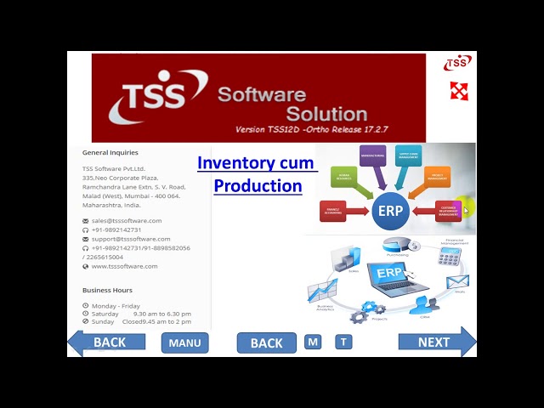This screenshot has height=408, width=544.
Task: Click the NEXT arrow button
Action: pyautogui.click(x=436, y=343)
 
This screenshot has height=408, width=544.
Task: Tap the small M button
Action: pyautogui.click(x=313, y=342)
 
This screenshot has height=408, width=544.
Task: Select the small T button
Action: pyautogui.click(x=343, y=342)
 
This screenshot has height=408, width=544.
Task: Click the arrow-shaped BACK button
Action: pyautogui.click(x=104, y=343)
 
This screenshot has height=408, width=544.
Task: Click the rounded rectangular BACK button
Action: pyautogui.click(x=266, y=343)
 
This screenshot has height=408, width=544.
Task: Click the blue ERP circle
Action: pyautogui.click(x=390, y=210)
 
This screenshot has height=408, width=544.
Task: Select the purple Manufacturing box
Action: pyautogui.click(x=372, y=156)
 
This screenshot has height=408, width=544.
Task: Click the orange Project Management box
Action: pyautogui.click(x=437, y=178)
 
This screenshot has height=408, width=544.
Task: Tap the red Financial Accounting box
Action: pyautogui.click(x=332, y=211)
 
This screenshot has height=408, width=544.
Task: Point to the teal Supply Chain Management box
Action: pyautogui.click(x=408, y=156)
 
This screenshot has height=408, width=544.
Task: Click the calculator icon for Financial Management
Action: pyautogui.click(x=449, y=256)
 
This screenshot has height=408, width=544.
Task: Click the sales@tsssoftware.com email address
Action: pyautogui.click(x=127, y=220)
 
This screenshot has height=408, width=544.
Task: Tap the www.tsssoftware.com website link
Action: pyautogui.click(x=124, y=266)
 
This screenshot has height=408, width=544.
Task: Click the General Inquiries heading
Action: pyautogui.click(x=110, y=153)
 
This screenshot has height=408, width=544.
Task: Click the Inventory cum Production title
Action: pyautogui.click(x=257, y=173)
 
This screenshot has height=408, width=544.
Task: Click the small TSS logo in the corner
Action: pyautogui.click(x=457, y=62)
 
